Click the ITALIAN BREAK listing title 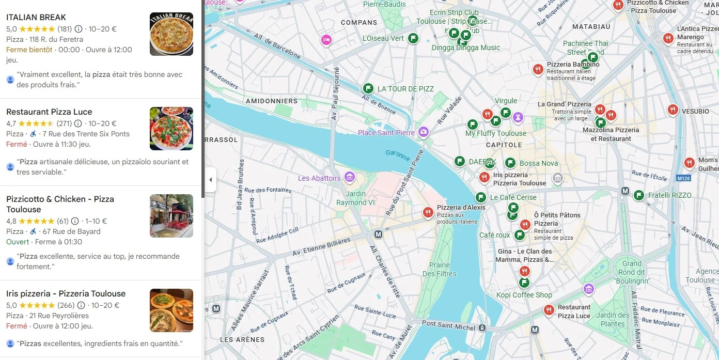coord(36,17)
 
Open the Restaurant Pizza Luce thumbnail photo coord(171,129)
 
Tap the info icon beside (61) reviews coord(75,221)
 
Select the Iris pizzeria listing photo coord(171,310)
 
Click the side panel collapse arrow coord(210,180)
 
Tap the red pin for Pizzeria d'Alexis coord(428,212)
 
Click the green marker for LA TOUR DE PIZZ coord(368,89)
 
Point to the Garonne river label coord(398,154)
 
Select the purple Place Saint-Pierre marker coord(424,132)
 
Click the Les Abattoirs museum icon coord(349,178)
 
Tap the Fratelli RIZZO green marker coord(639,195)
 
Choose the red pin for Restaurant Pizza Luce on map coord(549,310)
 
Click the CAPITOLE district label coord(504,145)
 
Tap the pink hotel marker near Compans coord(326,39)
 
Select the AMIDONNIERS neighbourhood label coord(272,101)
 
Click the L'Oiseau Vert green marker coord(413,38)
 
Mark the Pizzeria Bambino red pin coord(538,69)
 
